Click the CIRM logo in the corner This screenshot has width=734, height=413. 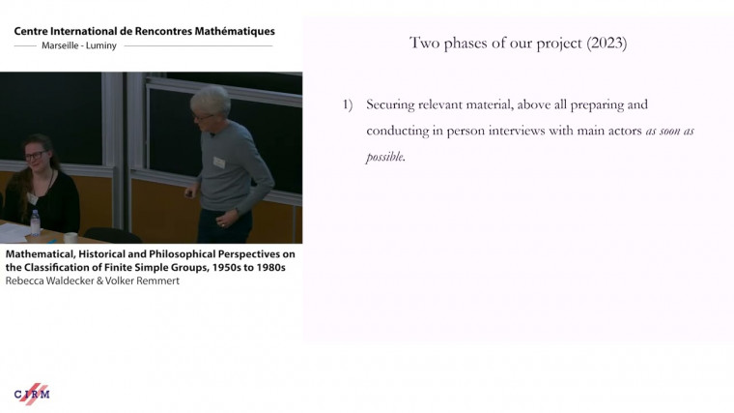[x=32, y=394]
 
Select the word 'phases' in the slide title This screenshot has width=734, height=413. [x=478, y=44]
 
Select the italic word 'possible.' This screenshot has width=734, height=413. [x=385, y=157]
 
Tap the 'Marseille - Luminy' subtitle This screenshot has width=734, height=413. [x=79, y=45]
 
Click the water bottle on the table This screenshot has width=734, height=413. [x=35, y=222]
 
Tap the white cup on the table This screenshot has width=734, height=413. [x=71, y=237]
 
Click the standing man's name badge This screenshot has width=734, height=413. [x=219, y=162]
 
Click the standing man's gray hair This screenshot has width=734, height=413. [x=211, y=97]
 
